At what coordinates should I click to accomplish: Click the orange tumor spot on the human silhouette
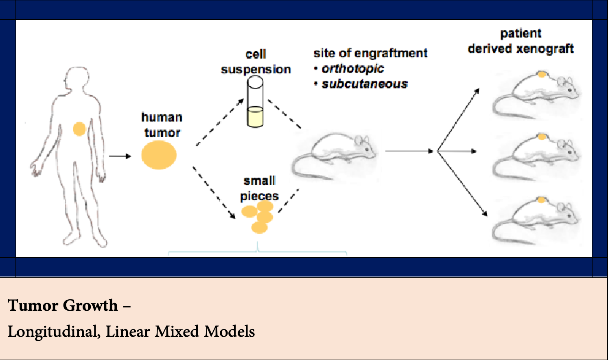tap(79, 129)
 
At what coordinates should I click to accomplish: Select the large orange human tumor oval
tap(159, 155)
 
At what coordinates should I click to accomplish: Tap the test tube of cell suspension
tap(255, 102)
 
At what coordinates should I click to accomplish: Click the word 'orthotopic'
tap(353, 68)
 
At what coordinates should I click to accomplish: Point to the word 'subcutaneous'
tap(365, 84)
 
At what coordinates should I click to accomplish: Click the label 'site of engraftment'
tap(370, 53)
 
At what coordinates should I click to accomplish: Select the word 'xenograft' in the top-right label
tap(545, 49)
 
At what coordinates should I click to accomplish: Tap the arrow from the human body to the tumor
tap(120, 156)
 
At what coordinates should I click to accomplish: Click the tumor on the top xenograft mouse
tap(542, 75)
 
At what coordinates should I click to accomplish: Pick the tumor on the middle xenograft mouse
tap(542, 137)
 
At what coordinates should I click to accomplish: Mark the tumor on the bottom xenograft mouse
tap(541, 200)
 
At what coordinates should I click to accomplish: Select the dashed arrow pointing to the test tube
tap(220, 122)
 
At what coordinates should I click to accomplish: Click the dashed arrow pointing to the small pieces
tap(214, 193)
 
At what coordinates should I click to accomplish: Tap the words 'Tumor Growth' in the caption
tap(63, 305)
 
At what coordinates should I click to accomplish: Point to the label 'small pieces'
tap(260, 188)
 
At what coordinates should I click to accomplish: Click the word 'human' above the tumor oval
tap(162, 117)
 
